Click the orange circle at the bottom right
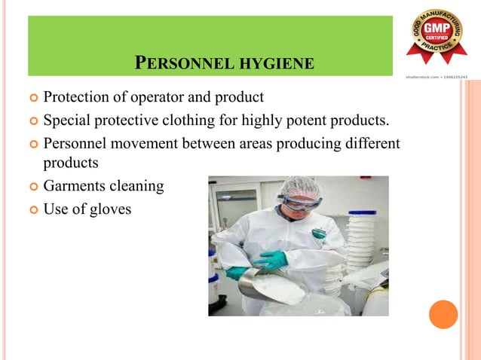(443, 315)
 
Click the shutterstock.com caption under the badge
(437, 76)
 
